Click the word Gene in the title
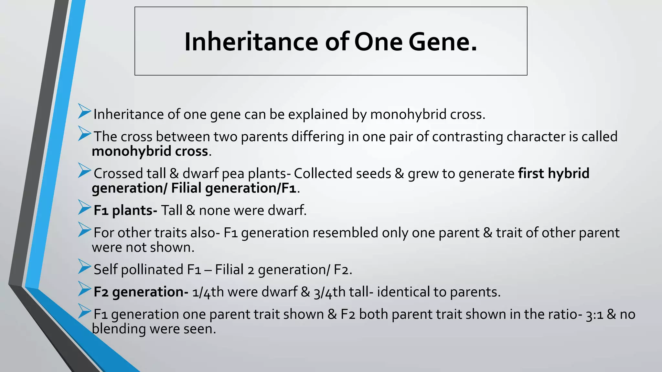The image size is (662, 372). click(443, 42)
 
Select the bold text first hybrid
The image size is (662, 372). click(554, 173)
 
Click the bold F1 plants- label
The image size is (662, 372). click(125, 211)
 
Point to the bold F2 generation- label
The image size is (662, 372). click(141, 292)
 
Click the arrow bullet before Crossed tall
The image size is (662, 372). click(84, 170)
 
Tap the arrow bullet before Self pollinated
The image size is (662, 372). click(84, 267)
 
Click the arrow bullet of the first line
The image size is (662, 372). click(84, 111)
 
